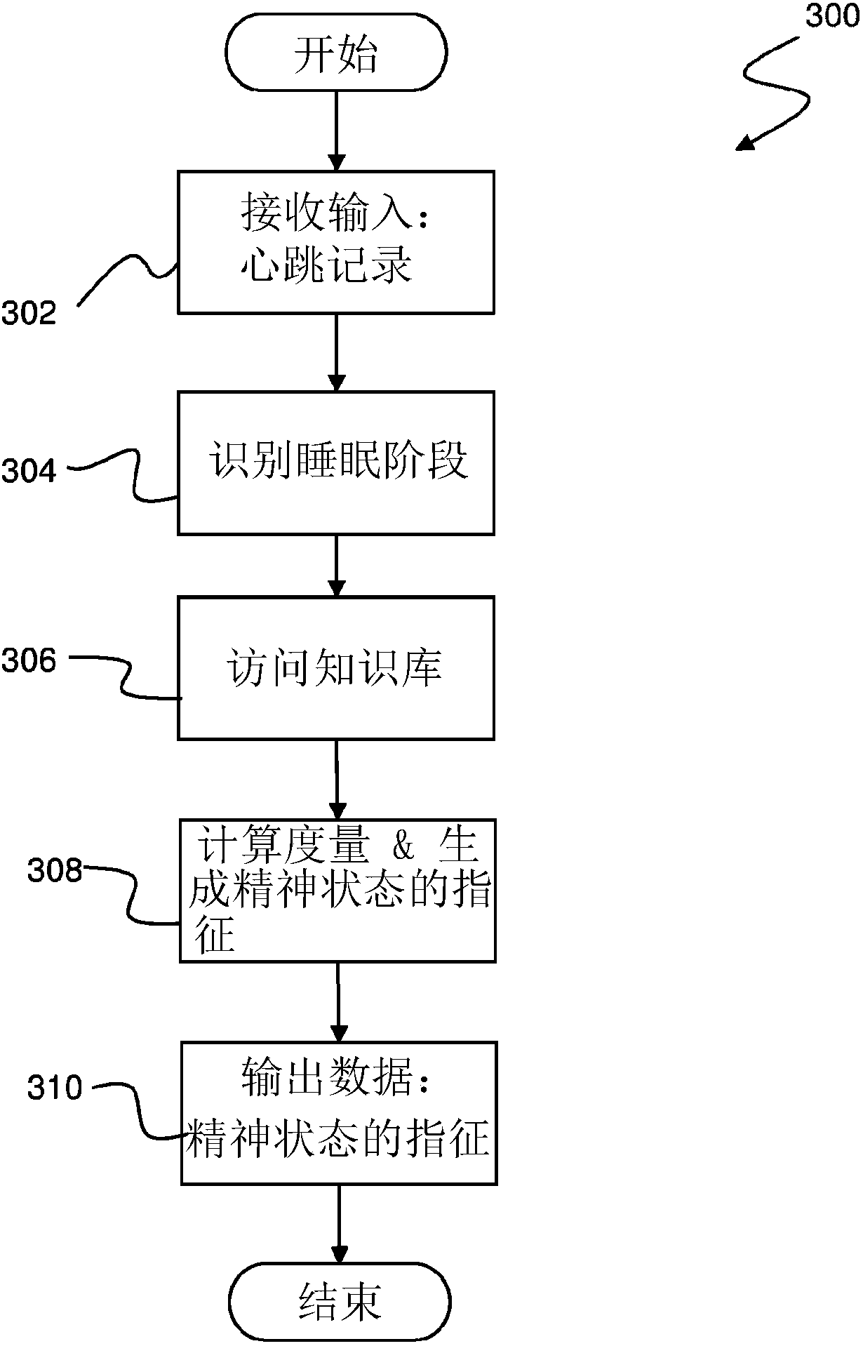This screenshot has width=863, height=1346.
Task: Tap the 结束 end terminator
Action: click(340, 1302)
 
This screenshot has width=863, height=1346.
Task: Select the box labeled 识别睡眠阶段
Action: click(336, 463)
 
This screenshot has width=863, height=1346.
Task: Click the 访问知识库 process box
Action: click(336, 668)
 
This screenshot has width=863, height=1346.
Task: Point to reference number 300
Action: click(831, 15)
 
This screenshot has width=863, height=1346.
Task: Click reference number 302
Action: click(29, 313)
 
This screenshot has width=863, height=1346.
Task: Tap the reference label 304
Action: click(29, 471)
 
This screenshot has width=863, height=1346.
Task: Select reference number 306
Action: click(29, 660)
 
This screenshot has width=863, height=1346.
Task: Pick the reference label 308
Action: click(55, 871)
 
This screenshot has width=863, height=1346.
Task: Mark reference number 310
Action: click(55, 1088)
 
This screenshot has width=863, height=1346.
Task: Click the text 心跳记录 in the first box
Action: click(326, 266)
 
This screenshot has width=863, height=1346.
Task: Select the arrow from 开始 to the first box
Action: click(337, 131)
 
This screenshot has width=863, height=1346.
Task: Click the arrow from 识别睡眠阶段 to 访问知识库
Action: click(337, 565)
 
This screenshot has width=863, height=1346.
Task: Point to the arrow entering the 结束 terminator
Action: click(340, 1224)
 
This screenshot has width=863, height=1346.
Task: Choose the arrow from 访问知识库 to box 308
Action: click(337, 779)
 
